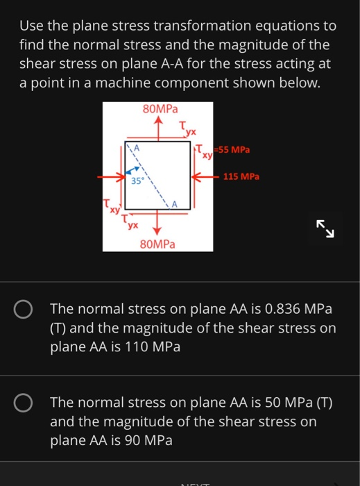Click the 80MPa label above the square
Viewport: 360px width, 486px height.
point(160,109)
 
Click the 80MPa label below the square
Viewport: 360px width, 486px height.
point(157,244)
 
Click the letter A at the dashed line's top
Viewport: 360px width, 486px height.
point(137,148)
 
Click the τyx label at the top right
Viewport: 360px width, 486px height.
point(187,128)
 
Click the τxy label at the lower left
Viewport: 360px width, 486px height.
point(110,206)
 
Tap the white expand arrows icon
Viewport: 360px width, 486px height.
point(325,230)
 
